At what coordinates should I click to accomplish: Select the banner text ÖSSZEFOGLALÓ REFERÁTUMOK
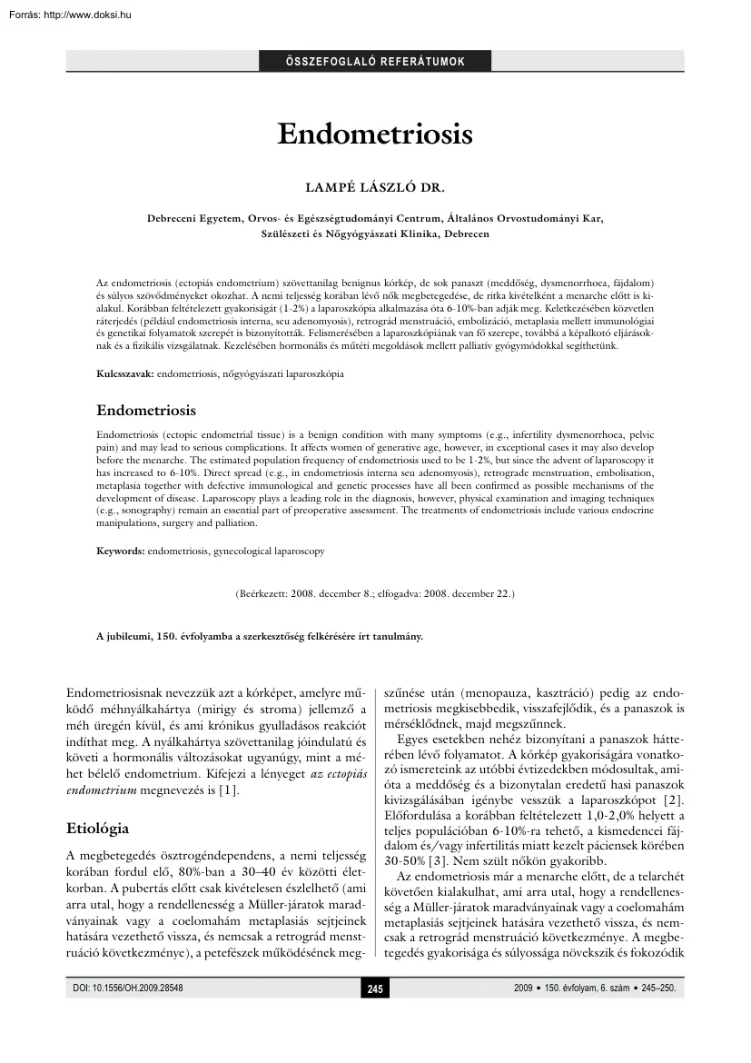tap(375, 62)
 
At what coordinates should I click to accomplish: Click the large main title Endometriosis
tap(375, 134)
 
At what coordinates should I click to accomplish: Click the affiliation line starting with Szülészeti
tap(375, 233)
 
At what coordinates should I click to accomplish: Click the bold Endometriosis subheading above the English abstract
tap(146, 411)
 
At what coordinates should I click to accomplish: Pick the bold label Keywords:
tap(121, 551)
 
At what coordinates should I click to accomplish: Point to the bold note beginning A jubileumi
tap(260, 637)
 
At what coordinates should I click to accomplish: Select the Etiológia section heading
tap(98, 829)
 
